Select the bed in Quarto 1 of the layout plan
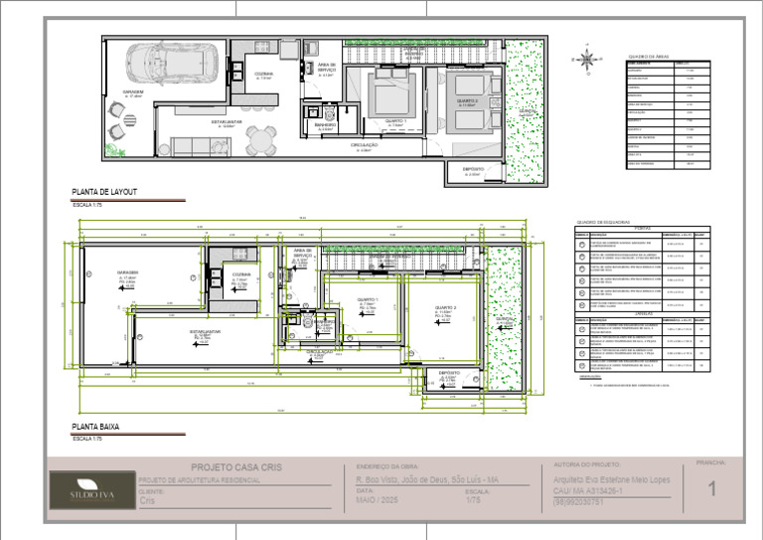(x=383, y=94)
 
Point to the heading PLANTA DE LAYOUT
(x=104, y=191)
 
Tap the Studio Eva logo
(x=83, y=490)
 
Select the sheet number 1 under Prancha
(x=711, y=488)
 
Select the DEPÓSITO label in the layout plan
(x=473, y=170)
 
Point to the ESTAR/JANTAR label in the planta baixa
(x=205, y=331)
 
